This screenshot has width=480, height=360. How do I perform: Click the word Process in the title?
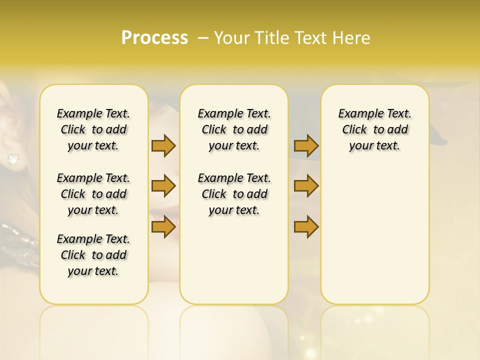point(154,38)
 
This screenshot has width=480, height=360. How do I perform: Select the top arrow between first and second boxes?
point(163,145)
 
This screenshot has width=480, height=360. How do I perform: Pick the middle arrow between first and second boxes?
point(163,186)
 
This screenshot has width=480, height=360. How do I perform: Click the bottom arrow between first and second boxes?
point(163,227)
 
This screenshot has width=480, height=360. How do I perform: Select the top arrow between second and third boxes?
point(306,145)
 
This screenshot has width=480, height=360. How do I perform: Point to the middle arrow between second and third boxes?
point(306,186)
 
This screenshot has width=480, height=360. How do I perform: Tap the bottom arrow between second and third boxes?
point(306,227)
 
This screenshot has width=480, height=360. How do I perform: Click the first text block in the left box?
point(93,129)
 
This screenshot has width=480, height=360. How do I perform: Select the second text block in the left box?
point(93,194)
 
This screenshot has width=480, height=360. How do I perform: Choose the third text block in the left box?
point(93,255)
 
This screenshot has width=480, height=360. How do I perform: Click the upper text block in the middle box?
point(234,129)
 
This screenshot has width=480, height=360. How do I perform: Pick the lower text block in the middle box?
point(234,194)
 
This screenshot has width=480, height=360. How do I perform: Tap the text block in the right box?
point(375,129)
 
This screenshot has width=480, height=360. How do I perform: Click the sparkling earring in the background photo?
point(12,159)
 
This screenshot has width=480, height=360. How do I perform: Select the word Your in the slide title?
point(231,38)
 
